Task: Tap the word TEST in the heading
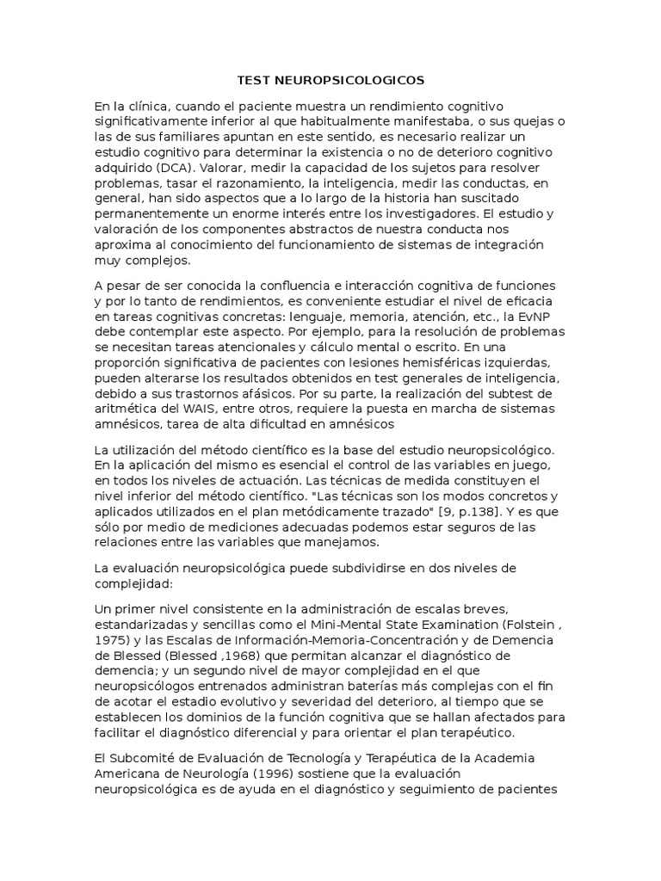point(255,80)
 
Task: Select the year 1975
point(111,641)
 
